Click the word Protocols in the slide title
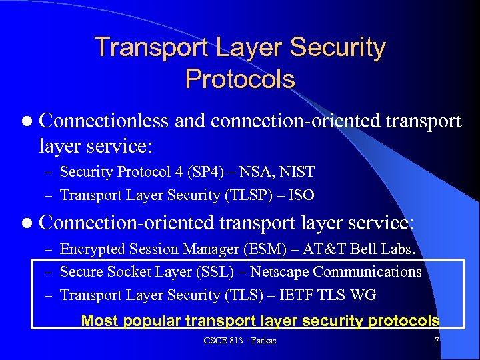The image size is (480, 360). point(240,79)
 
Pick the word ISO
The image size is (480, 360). point(301,195)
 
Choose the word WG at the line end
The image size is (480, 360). point(364,295)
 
